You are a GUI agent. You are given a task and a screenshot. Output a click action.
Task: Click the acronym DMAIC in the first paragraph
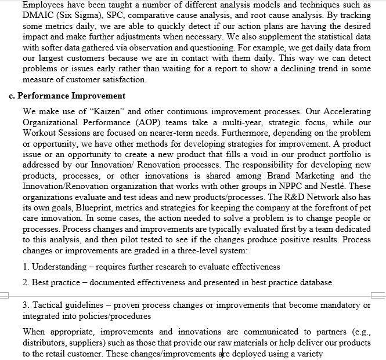click(x=39, y=16)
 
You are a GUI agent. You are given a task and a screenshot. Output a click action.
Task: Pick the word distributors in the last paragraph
click(x=45, y=343)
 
